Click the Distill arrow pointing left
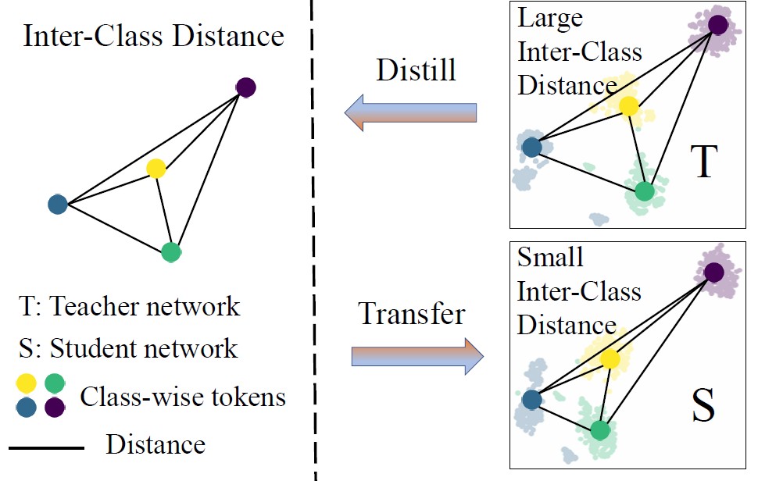411,112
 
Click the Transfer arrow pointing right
417,356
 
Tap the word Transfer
412,314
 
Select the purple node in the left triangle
246,87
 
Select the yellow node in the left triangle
156,168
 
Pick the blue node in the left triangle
57,205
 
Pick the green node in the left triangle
171,252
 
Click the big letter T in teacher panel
703,162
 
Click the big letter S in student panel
703,406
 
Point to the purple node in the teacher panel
718,25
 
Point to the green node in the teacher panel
644,191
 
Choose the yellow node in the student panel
610,359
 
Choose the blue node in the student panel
531,399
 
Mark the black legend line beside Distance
46,448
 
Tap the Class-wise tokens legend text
183,397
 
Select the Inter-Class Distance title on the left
153,36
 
